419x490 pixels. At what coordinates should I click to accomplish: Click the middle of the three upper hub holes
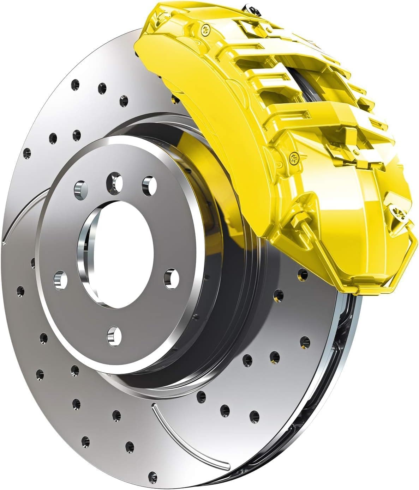pos(115,182)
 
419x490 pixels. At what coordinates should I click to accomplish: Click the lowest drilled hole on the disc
pos(152,475)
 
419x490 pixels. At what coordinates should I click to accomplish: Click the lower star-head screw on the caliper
pos(294,158)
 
